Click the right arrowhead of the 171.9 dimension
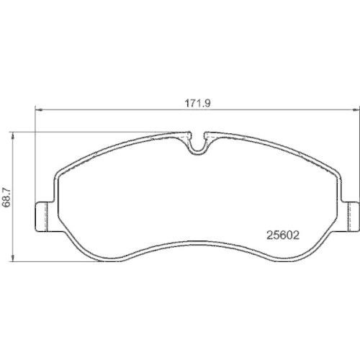click(356, 110)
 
